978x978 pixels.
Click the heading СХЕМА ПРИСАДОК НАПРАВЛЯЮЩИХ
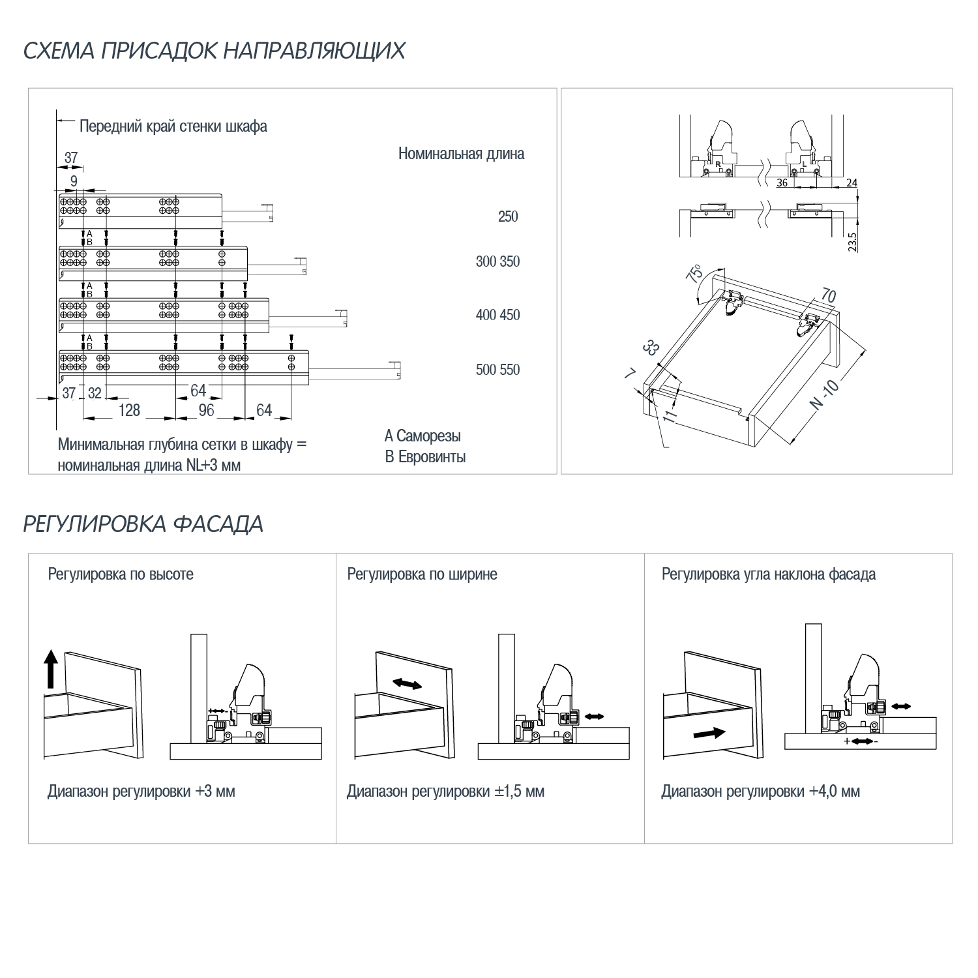tap(214, 51)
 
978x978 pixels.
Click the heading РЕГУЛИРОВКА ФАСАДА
tap(143, 524)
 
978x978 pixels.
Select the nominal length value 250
tap(507, 216)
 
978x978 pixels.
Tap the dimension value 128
tap(129, 410)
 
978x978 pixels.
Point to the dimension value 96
tap(206, 410)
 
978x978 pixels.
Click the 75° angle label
tap(695, 273)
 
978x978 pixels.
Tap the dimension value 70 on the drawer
tap(828, 296)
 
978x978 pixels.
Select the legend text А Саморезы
tap(422, 436)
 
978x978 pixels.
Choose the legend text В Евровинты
tap(425, 457)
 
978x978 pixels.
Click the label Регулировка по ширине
tap(422, 574)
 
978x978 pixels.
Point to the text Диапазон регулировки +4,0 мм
tap(760, 792)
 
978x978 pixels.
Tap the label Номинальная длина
tap(461, 154)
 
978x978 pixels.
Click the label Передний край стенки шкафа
tap(173, 126)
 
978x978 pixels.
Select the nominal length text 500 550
tap(497, 370)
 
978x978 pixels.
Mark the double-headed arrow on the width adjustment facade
tap(407, 683)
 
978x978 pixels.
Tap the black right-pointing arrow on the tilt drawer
tap(709, 733)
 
